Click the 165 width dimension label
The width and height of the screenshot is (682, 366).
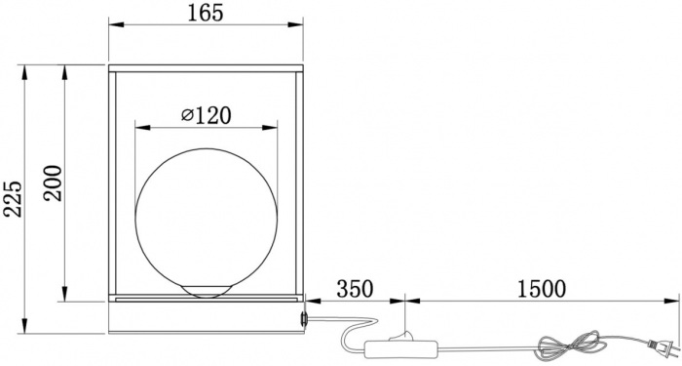pos(206,13)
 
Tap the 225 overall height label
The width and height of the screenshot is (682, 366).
pos(13,199)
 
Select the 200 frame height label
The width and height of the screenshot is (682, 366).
pos(53,183)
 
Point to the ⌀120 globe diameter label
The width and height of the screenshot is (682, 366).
pos(207,116)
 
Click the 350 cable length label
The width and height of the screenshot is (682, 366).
pos(355,289)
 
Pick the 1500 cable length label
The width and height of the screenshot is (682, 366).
pos(542,289)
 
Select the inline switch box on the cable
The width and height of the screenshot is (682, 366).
pos(400,348)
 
